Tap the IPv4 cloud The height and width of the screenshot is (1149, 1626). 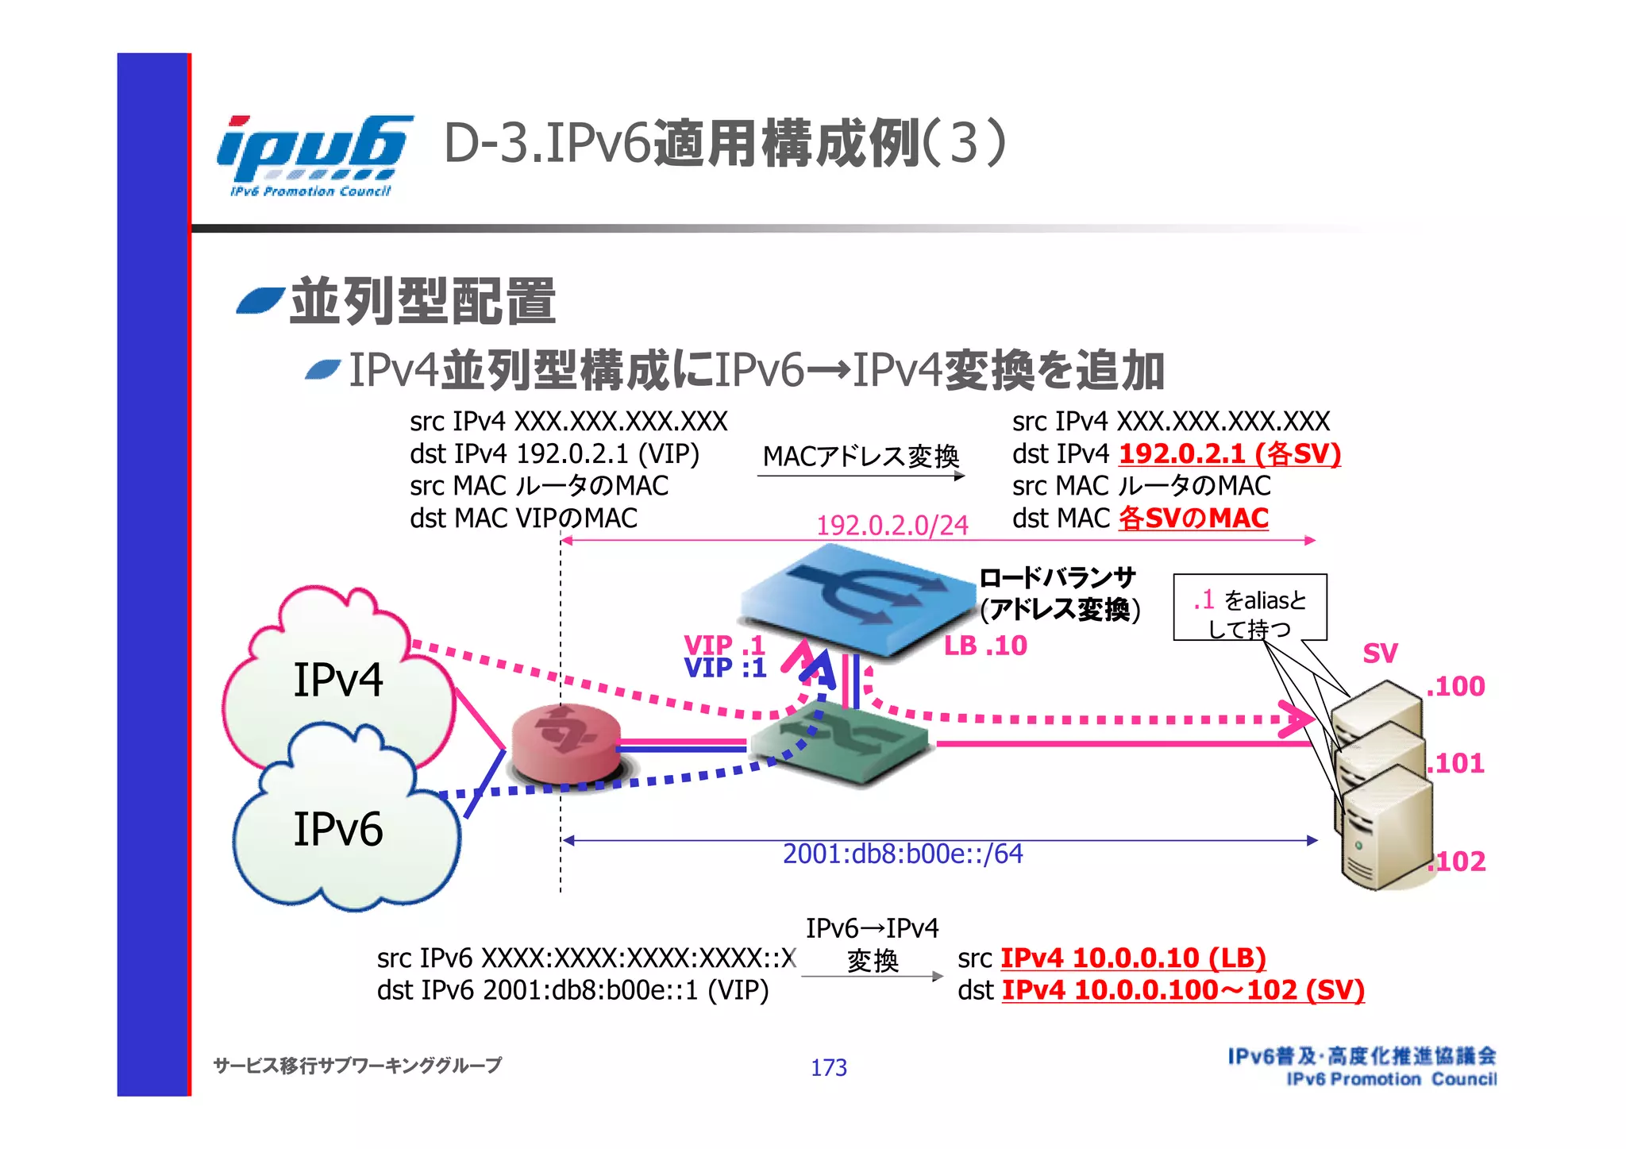click(337, 679)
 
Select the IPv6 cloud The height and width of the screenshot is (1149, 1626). click(339, 830)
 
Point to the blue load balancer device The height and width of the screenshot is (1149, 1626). click(857, 603)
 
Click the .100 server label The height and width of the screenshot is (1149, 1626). click(1456, 686)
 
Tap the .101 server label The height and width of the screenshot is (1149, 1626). click(1456, 763)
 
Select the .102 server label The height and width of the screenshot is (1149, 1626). click(1458, 862)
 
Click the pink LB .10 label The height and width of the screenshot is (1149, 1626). click(985, 646)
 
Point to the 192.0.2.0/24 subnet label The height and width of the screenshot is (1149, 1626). click(892, 525)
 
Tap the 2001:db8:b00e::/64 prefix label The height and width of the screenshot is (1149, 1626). click(903, 854)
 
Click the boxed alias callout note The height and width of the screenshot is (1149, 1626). click(1250, 607)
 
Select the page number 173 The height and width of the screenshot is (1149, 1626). click(828, 1067)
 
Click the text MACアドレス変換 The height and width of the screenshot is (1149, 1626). click(861, 456)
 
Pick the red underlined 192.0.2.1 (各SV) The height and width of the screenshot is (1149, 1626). click(1229, 453)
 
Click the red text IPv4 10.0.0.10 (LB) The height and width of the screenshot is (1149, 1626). click(1133, 958)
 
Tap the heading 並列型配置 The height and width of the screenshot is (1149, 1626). click(422, 302)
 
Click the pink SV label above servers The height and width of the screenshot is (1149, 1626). click(1380, 654)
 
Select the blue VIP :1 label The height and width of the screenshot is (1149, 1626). click(725, 668)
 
